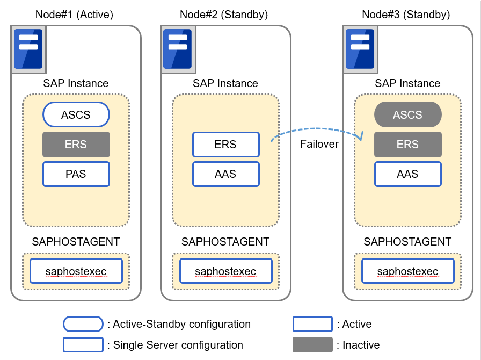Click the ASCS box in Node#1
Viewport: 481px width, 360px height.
click(76, 114)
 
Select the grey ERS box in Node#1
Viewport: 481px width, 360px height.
click(76, 145)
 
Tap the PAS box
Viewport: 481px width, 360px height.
click(76, 174)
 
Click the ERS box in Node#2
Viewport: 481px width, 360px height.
click(225, 145)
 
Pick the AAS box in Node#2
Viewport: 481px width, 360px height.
click(225, 174)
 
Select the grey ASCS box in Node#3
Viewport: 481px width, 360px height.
click(407, 114)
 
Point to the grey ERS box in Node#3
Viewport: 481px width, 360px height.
click(407, 145)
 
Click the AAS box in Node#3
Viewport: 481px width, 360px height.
click(407, 174)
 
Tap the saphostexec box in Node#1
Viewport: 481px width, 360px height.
click(76, 271)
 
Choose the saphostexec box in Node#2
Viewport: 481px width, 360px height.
click(225, 271)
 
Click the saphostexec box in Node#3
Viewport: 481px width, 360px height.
click(407, 271)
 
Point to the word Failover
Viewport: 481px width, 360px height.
click(319, 145)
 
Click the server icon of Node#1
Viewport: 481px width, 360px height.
click(28, 49)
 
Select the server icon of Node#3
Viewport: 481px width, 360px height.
click(360, 49)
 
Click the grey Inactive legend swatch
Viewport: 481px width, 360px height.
click(312, 344)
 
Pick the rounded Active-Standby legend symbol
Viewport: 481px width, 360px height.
click(83, 324)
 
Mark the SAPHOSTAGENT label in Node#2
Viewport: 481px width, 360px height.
click(225, 242)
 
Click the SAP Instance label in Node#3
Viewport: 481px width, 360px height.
click(407, 83)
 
